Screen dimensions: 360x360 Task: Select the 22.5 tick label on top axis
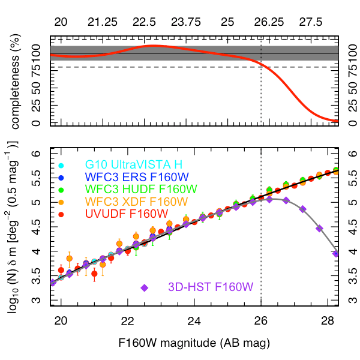pos(143,22)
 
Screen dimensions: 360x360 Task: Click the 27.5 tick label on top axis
pos(310,22)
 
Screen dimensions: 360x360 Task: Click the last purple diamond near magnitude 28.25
pos(336,254)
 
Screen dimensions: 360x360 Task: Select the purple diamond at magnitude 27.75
pos(319,228)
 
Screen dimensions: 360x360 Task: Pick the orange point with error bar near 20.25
pos(70,259)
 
